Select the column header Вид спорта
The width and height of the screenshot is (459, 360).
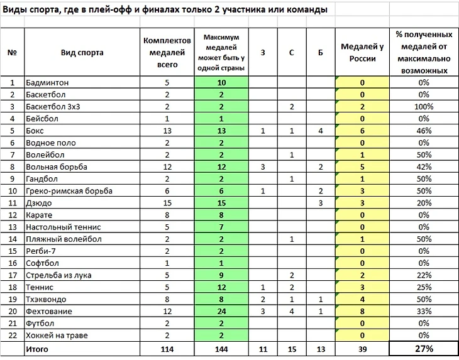pos(82,53)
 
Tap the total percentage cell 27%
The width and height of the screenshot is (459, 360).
pos(423,349)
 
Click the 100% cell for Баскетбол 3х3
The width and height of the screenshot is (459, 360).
pos(423,107)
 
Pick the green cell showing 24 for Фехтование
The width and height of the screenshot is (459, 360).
pos(222,312)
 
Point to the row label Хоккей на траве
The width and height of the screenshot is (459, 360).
pos(57,335)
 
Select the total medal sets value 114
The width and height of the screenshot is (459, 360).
pos(167,349)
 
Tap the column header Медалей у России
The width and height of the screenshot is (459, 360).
pos(362,53)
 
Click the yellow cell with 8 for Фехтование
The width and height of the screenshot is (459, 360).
pos(362,312)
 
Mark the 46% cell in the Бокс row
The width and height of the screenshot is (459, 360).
pos(423,131)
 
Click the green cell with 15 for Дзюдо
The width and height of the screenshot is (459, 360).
pos(222,203)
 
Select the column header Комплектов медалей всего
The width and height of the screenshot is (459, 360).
pos(167,53)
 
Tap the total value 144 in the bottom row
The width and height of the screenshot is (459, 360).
pos(222,349)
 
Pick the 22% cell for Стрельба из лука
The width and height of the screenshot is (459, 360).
pos(423,275)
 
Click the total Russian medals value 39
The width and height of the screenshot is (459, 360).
pos(362,349)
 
